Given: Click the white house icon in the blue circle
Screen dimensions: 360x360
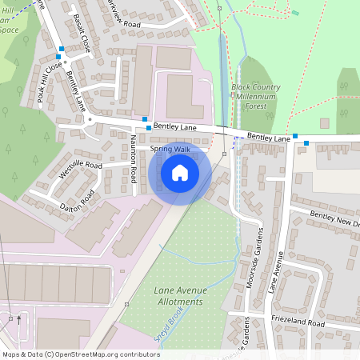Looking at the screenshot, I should (x=180, y=172).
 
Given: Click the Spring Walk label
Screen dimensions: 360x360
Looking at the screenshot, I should (x=170, y=149).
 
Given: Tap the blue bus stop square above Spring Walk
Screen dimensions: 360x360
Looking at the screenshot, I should (x=148, y=128).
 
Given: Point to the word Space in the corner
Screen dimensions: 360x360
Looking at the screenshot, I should (x=9, y=30).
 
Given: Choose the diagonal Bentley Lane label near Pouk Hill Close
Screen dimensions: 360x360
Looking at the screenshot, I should (x=77, y=91).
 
